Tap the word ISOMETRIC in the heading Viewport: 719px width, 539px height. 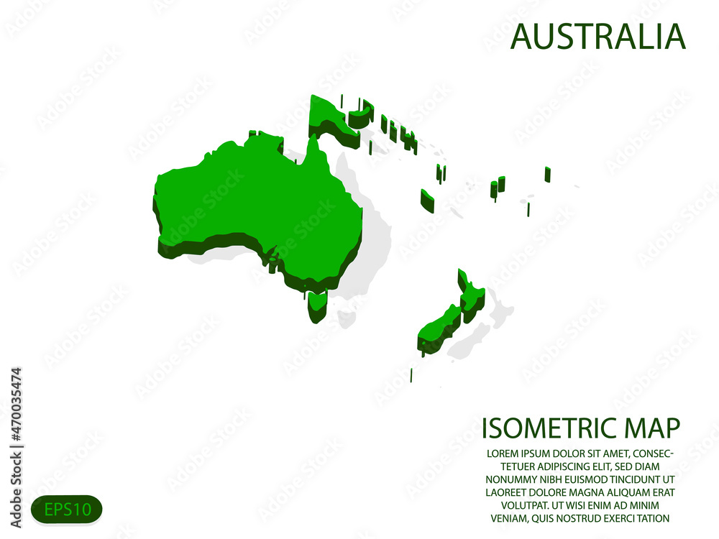[546, 427]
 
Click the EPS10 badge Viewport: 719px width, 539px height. [67, 510]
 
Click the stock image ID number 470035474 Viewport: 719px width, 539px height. [17, 417]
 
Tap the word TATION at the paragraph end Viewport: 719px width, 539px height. [649, 518]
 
